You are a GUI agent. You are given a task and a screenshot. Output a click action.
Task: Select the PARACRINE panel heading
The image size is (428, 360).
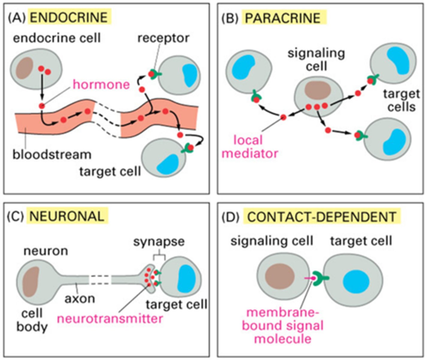(283, 18)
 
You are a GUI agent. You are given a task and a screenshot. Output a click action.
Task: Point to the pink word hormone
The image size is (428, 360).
(101, 85)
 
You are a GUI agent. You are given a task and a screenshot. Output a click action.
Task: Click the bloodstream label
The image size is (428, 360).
(52, 154)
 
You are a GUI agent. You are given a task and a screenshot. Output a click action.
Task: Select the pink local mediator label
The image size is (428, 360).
(250, 147)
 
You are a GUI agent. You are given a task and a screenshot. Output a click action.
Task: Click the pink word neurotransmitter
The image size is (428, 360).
(110, 318)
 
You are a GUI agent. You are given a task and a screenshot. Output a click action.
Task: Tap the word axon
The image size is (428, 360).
(80, 298)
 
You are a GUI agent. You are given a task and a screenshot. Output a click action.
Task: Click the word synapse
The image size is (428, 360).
(159, 241)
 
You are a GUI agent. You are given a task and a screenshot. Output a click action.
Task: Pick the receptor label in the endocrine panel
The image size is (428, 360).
(163, 38)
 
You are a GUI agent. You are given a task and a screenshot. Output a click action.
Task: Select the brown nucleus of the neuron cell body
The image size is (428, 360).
(31, 282)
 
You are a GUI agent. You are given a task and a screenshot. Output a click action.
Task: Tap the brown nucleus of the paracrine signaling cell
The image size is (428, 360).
(318, 90)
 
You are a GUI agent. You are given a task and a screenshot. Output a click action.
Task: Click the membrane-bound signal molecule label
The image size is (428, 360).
(283, 325)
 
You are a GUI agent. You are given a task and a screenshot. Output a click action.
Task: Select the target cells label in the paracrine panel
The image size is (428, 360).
(401, 100)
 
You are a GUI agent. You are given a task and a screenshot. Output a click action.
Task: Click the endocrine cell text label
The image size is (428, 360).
(57, 38)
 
